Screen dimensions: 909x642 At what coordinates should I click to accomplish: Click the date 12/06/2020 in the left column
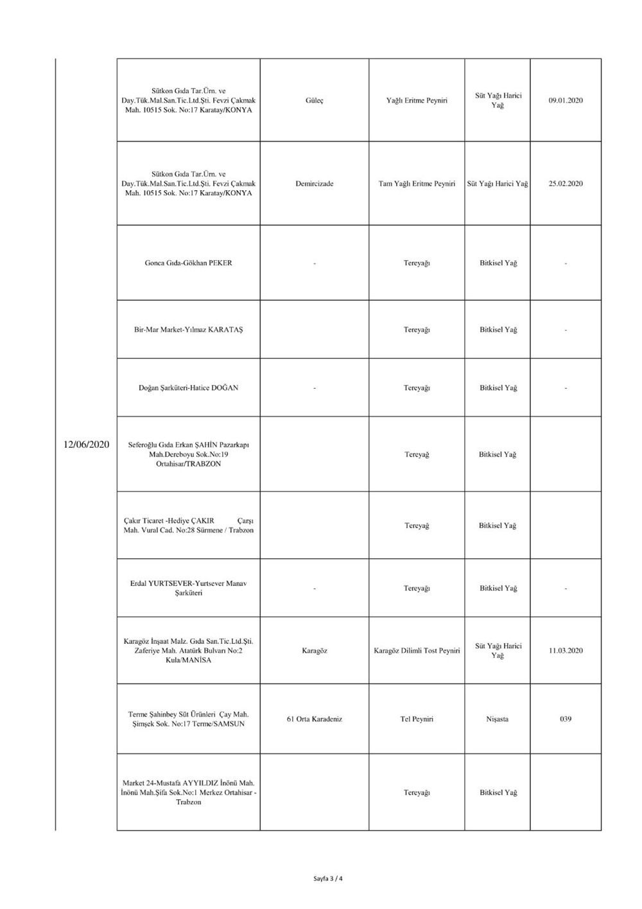click(87, 445)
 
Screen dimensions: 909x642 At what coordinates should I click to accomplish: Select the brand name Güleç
click(315, 101)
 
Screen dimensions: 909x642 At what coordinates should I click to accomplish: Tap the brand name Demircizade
click(315, 184)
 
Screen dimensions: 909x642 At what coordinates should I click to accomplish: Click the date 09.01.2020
click(566, 101)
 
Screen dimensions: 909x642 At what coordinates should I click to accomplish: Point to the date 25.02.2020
click(566, 184)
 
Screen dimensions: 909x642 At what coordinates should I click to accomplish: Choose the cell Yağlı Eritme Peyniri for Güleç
click(417, 101)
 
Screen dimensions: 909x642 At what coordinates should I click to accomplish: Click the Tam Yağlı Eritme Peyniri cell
click(417, 184)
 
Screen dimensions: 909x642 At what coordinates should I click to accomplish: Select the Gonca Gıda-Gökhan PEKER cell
click(189, 263)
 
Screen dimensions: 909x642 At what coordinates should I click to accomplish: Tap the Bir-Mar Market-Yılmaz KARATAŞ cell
click(189, 330)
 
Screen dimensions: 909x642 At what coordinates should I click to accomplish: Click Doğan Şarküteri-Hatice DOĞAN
click(189, 388)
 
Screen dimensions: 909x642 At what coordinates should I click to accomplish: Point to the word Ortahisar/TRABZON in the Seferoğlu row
click(189, 464)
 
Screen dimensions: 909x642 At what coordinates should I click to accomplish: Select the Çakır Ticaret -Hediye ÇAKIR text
click(169, 520)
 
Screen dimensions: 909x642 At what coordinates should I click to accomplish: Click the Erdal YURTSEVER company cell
click(189, 588)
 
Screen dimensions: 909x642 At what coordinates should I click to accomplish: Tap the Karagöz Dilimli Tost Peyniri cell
click(417, 651)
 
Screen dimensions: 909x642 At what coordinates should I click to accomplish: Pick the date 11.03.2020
click(566, 651)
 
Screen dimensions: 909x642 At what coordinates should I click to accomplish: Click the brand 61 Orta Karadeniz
click(315, 719)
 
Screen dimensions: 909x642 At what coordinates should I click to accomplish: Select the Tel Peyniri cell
click(417, 719)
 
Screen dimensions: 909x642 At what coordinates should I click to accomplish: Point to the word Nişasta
click(498, 719)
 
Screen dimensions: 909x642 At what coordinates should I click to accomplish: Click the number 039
click(566, 719)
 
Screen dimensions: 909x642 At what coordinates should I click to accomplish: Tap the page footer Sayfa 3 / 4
click(328, 879)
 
